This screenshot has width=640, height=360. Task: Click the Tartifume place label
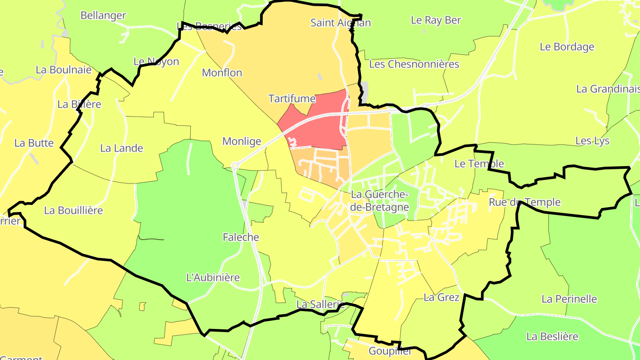pos(292,99)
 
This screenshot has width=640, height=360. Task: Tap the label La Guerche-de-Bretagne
pos(380,200)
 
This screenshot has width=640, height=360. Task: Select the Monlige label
pos(242,141)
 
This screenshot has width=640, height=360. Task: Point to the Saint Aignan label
pos(340,23)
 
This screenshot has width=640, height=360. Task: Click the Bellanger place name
pos(103,16)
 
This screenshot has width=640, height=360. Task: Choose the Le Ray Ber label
pos(436,20)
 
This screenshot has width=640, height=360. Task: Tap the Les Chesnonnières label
pos(414,64)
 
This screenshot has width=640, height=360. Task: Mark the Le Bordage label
pos(567,47)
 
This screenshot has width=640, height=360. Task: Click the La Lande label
pos(122,148)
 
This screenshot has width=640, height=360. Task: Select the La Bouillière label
pos(74,210)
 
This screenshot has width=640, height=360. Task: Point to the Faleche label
pos(241,237)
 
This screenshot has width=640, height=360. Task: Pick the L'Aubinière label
pos(213,278)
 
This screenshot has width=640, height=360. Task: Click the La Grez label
pos(441,297)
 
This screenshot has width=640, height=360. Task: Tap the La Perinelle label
pos(569,299)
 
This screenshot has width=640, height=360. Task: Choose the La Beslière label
pos(552,336)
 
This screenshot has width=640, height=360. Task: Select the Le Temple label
pos(479,164)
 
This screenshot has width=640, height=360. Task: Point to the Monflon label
pos(222,72)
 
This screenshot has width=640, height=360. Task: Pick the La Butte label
pos(34,143)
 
